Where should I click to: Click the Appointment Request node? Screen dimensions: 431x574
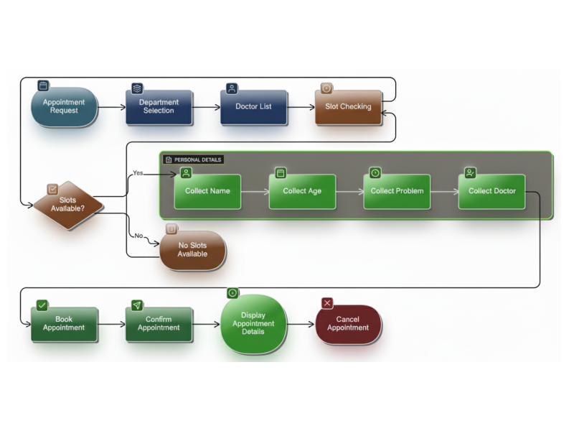[x=64, y=107]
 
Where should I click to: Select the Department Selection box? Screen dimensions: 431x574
[x=159, y=107]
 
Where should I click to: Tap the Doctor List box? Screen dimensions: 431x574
[x=253, y=107]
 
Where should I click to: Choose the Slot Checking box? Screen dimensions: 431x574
[x=348, y=107]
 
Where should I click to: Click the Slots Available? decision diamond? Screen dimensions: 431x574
[x=68, y=205]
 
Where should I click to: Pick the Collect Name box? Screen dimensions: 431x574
[x=207, y=191]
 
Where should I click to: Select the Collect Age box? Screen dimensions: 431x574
[x=302, y=191]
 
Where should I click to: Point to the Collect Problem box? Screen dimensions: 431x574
[x=397, y=191]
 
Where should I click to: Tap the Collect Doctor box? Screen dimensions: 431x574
[x=491, y=191]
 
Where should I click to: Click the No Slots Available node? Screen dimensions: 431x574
[x=192, y=250]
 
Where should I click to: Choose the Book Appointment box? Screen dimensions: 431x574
[x=64, y=324]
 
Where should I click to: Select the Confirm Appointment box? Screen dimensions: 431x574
[x=159, y=324]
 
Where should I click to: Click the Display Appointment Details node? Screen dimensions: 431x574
[x=253, y=324]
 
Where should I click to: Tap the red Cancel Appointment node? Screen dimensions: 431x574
[x=348, y=324]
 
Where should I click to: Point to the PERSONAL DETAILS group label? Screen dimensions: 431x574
[x=194, y=159]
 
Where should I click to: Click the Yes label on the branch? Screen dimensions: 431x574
[x=138, y=173]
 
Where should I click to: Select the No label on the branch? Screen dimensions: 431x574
[x=138, y=236]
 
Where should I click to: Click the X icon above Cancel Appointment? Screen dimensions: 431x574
[x=327, y=303]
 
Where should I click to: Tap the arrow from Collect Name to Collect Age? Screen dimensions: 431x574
[x=255, y=192]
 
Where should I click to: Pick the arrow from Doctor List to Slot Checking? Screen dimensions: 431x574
[x=301, y=107]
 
